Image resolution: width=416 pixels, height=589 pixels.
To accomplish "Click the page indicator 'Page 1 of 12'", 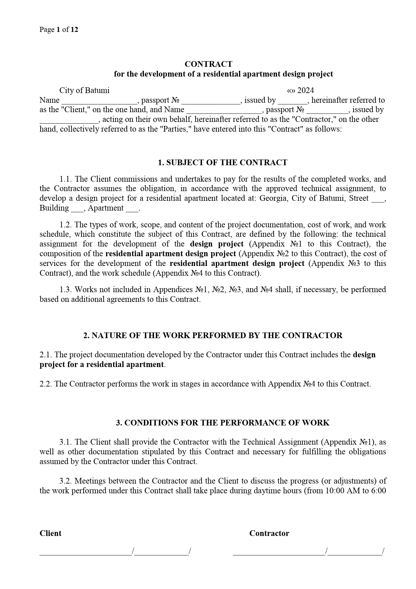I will [x=59, y=30].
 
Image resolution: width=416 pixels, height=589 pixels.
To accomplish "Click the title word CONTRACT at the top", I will [x=208, y=64].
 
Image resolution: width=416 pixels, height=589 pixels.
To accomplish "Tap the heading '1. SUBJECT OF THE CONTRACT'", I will [x=222, y=163].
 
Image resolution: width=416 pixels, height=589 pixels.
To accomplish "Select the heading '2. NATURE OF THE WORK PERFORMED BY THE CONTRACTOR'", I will [x=213, y=335].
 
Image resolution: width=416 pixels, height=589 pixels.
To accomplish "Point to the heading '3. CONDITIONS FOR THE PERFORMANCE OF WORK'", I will [x=223, y=423].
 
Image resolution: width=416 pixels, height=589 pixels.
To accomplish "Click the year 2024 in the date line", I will [x=305, y=90].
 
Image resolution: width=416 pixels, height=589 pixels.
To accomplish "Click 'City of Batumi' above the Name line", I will [x=84, y=90].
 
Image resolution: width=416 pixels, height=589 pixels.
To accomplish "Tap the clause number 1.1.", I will [x=66, y=179].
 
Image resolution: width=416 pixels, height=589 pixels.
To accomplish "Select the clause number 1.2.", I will [x=66, y=225].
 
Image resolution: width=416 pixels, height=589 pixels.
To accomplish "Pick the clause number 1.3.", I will [x=66, y=289].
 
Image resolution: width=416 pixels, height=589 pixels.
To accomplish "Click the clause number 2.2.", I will [x=46, y=384].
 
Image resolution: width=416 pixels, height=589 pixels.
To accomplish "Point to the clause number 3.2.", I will [x=66, y=481].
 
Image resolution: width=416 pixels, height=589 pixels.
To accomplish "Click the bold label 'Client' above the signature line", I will [x=50, y=533].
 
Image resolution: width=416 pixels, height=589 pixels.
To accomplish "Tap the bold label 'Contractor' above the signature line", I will [x=269, y=533].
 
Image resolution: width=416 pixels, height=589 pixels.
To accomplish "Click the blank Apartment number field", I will [x=132, y=209].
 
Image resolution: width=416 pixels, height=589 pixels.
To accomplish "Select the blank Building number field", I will [x=77, y=209].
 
